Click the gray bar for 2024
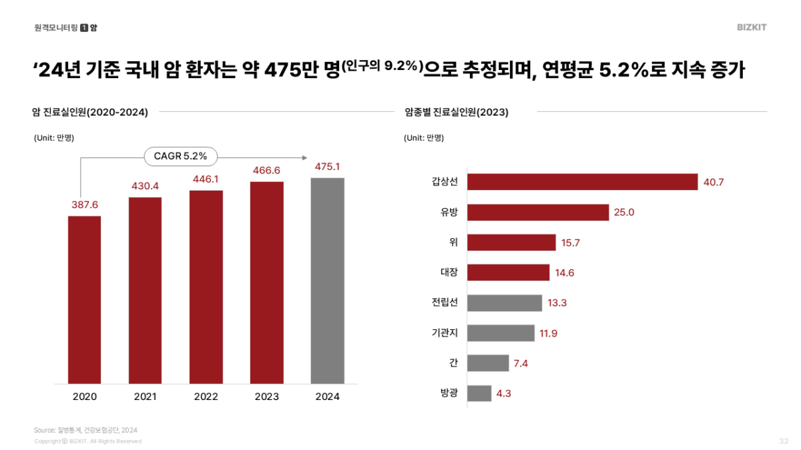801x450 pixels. pos(328,281)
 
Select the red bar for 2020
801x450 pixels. pos(84,299)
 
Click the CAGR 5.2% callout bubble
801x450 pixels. pos(180,157)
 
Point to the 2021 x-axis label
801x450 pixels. pos(146,397)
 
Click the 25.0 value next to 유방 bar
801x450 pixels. pos(625,213)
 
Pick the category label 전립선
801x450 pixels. pos(445,303)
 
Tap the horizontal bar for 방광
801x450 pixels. pos(479,393)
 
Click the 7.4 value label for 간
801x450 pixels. pos(521,363)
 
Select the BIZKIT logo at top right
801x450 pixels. pos(752,27)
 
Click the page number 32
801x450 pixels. pos(784,441)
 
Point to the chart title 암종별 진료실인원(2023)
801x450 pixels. pos(457,112)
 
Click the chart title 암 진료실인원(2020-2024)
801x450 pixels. pos(90,112)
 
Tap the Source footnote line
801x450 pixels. pos(85,430)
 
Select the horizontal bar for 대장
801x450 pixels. pos(508,273)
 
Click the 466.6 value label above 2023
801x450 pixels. pos(267,171)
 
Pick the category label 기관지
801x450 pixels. pos(445,333)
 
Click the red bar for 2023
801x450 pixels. pos(267,283)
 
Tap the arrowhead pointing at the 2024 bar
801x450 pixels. pos(304,158)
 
